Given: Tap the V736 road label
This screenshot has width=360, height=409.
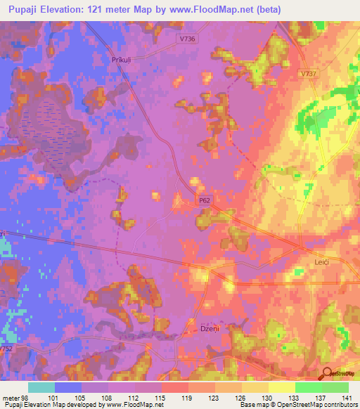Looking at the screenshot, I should pyautogui.click(x=188, y=39).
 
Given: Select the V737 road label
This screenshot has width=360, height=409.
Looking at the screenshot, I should pyautogui.click(x=308, y=73).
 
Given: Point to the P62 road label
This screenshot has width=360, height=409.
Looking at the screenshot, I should pyautogui.click(x=205, y=200).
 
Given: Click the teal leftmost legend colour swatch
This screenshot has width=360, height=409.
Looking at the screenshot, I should pyautogui.click(x=41, y=387).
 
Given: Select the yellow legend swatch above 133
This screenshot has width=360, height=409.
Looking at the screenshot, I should pyautogui.click(x=282, y=387).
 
